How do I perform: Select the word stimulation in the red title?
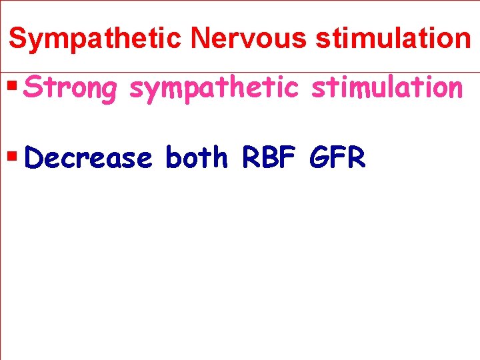(x=393, y=39)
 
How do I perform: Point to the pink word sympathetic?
(x=213, y=88)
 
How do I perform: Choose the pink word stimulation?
(x=387, y=88)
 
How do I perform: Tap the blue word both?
(x=196, y=159)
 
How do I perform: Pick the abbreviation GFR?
(x=338, y=159)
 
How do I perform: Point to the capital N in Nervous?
(x=199, y=39)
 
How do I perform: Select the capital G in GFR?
(x=319, y=159)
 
